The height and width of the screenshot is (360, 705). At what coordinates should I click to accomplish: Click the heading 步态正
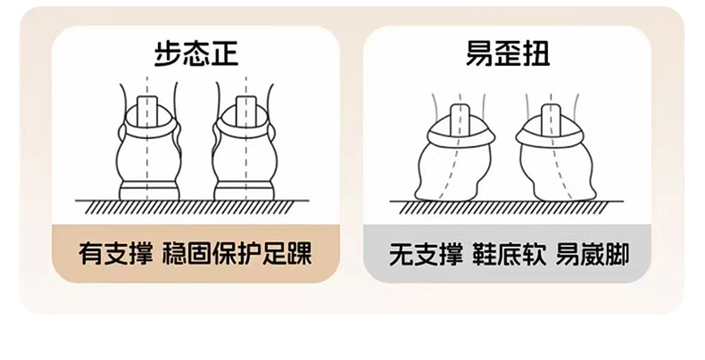[x=196, y=53]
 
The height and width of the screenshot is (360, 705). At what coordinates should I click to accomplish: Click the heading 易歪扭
[x=508, y=53]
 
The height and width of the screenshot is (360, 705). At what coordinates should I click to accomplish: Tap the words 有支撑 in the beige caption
[x=115, y=253]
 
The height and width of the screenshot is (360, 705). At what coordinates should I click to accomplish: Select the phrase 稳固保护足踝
[x=237, y=253]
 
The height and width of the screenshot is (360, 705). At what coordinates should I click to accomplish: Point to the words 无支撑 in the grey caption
[x=426, y=254]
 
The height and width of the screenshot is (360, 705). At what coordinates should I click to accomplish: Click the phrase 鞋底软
[x=509, y=254]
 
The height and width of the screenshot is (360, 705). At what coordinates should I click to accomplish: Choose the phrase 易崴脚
[x=593, y=254]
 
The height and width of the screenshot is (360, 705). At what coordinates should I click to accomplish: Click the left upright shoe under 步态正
[x=149, y=148]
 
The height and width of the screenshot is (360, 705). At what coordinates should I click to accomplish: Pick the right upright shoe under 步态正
[x=245, y=148]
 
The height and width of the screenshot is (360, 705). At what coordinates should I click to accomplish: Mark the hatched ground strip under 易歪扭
[x=506, y=207]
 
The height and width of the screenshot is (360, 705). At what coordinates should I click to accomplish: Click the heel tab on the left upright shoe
[x=147, y=111]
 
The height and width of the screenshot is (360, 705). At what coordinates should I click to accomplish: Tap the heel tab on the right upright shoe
[x=246, y=111]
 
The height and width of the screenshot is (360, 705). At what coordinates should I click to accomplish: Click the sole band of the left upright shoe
[x=149, y=191]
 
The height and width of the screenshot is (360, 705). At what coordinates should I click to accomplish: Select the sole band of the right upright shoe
[x=245, y=191]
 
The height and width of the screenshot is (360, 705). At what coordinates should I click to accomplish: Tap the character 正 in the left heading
[x=224, y=53]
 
